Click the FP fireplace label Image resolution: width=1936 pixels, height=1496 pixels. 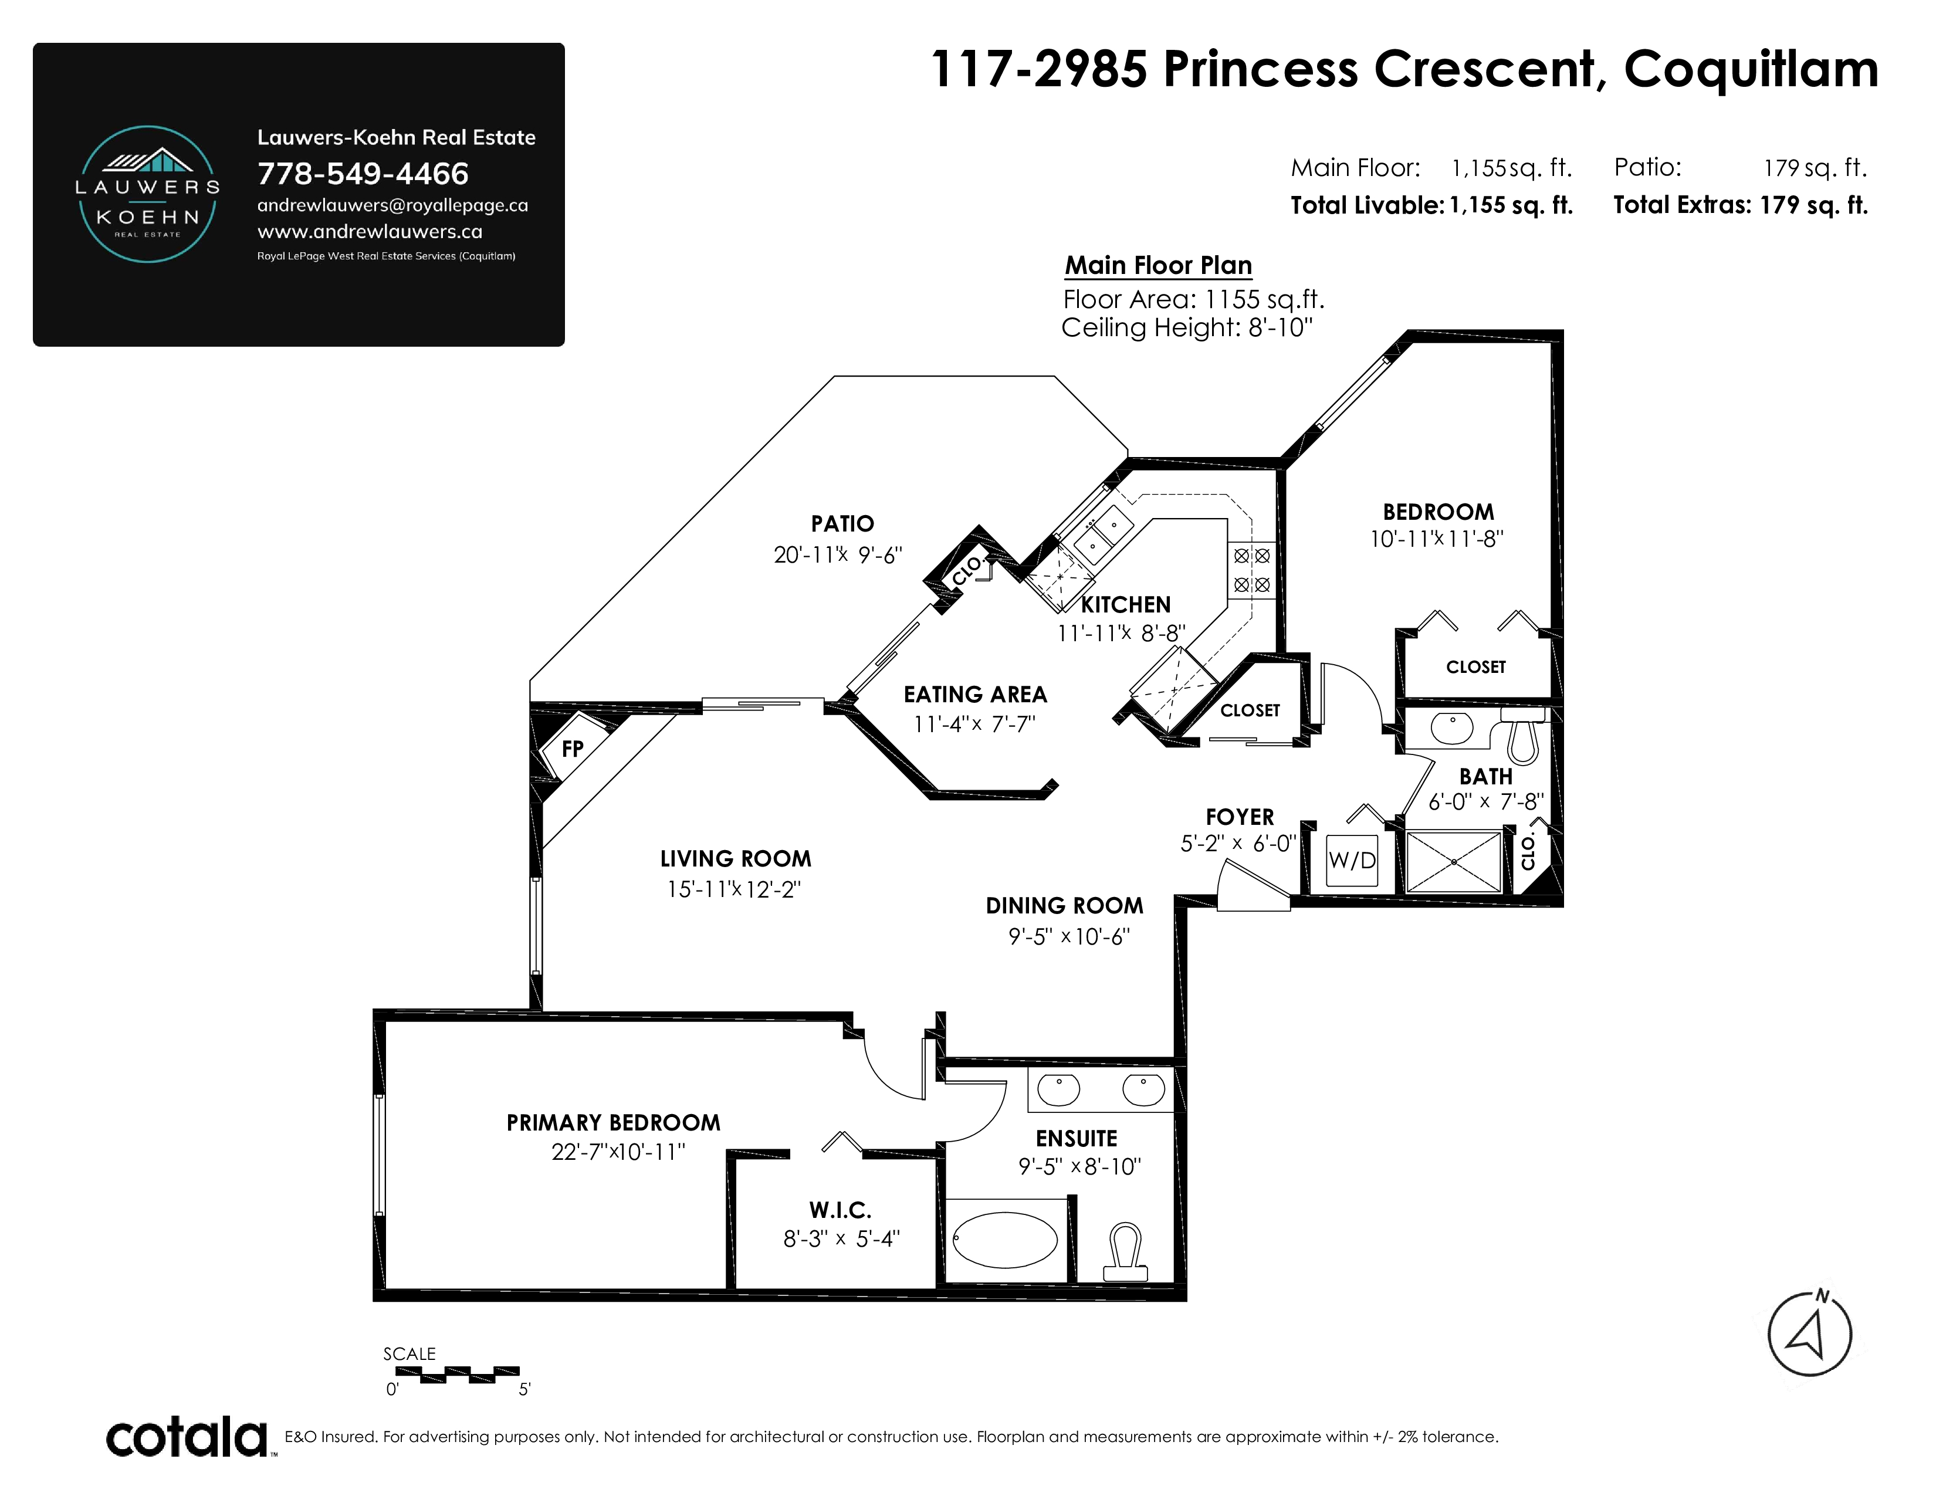[x=573, y=749]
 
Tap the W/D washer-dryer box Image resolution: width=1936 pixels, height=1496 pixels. [x=1352, y=859]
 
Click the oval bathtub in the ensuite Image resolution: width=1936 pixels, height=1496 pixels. [x=1005, y=1240]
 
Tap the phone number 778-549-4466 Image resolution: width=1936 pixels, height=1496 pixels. [x=363, y=174]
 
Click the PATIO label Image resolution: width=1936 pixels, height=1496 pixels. [x=842, y=524]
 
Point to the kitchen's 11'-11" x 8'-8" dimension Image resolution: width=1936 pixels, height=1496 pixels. [x=1121, y=634]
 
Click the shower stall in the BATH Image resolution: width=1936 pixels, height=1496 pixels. [x=1454, y=861]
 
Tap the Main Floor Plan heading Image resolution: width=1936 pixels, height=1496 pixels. [x=1159, y=265]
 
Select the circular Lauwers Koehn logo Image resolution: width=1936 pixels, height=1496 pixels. [x=148, y=194]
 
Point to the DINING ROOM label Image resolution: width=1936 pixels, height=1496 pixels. [x=1065, y=906]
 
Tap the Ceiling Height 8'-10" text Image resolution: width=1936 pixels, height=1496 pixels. [x=1187, y=328]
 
